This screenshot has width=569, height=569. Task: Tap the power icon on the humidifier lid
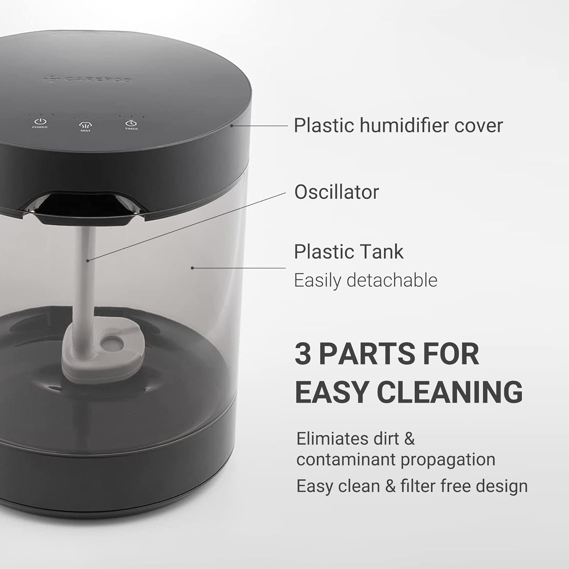(x=40, y=121)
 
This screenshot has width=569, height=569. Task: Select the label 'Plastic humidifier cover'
(x=398, y=125)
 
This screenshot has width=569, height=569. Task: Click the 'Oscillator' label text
(x=336, y=192)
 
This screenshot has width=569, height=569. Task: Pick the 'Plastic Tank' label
(x=349, y=252)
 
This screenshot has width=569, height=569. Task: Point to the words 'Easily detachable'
(x=366, y=281)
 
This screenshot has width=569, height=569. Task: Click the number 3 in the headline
(x=303, y=354)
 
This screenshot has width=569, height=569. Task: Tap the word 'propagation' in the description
(x=448, y=459)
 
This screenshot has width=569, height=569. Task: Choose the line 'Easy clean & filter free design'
(x=412, y=486)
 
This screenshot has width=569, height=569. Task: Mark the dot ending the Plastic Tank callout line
(x=192, y=268)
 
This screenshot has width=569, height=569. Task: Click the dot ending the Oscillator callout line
(x=88, y=260)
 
